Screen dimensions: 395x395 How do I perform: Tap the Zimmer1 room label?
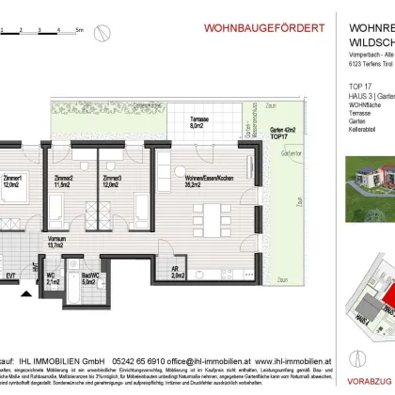coord(12,181)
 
